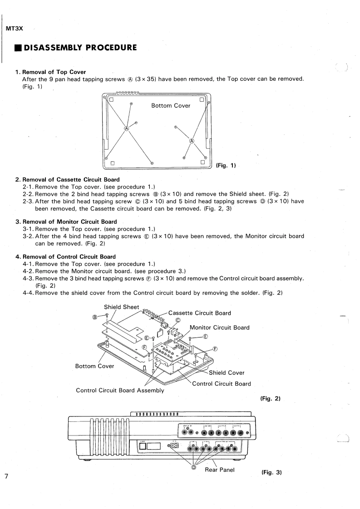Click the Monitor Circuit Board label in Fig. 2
[219, 328]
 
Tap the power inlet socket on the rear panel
[175, 445]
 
